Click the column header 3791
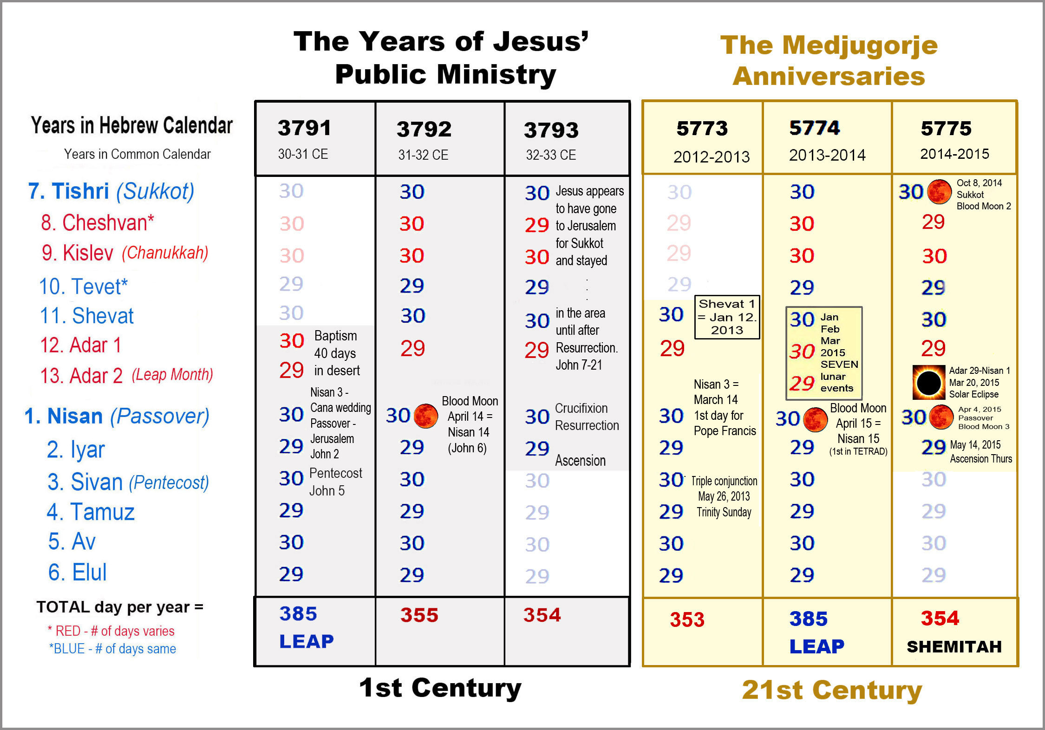coord(304,128)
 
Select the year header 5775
coord(946,129)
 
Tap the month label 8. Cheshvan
coord(97,223)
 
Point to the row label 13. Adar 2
coord(82,376)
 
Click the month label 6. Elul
coord(78,572)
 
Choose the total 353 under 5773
coord(687,619)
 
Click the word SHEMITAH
coord(954,647)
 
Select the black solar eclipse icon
coord(928,383)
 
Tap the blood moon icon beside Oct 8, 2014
coord(939,192)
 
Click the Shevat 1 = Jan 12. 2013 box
coord(727,317)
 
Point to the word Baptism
coord(335,336)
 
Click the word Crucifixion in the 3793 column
coord(581,408)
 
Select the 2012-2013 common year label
coord(712,157)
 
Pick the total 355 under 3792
coord(419,615)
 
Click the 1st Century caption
coord(440,688)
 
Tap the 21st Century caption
coord(832,690)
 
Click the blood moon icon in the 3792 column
coord(425,416)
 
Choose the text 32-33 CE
coord(551,155)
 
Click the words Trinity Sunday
coord(724,512)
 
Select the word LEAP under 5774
coord(816,646)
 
